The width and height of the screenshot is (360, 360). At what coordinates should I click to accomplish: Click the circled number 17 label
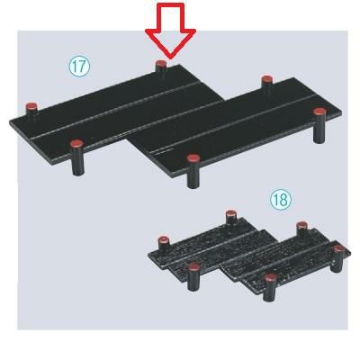click(x=79, y=67)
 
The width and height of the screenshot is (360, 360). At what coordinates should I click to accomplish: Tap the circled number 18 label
click(x=281, y=200)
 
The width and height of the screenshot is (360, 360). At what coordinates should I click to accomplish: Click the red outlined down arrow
click(x=170, y=31)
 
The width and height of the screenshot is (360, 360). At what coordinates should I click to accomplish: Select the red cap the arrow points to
click(x=161, y=64)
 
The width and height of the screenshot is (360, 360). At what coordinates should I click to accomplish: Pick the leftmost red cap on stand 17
click(x=31, y=106)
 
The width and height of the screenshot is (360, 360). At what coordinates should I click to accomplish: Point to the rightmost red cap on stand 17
click(x=319, y=112)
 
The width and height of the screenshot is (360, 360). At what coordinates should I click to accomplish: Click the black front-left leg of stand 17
click(x=77, y=161)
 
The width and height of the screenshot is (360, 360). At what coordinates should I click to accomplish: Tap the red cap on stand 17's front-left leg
click(x=77, y=144)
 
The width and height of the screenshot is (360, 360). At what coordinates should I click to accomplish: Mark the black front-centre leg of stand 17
click(x=193, y=175)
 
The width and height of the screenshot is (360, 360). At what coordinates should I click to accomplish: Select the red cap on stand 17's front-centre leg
click(x=193, y=158)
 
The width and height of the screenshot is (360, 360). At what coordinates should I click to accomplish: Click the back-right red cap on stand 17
click(x=266, y=80)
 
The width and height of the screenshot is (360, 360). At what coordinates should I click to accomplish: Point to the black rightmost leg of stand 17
click(x=319, y=129)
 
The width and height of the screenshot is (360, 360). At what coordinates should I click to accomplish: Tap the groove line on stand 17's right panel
click(x=234, y=123)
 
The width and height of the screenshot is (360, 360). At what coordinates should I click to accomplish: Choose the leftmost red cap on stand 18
click(x=164, y=239)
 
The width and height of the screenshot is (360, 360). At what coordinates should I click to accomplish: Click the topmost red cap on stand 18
click(x=230, y=213)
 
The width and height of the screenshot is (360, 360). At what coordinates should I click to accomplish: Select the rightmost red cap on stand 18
click(x=339, y=247)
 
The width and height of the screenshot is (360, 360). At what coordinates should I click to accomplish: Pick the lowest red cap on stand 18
click(x=270, y=277)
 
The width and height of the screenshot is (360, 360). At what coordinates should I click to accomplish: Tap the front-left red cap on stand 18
click(x=193, y=265)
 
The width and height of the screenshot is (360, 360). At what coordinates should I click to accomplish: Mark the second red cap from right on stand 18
click(x=301, y=225)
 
